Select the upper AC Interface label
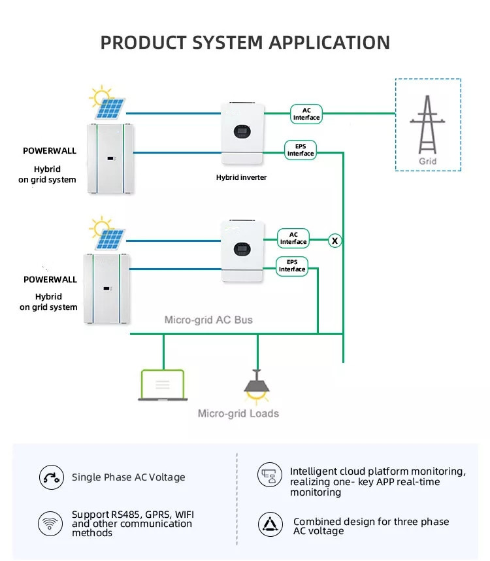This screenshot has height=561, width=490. coord(306,114)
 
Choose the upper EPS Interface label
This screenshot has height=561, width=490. coord(301,150)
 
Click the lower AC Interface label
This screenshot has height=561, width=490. coord(293,238)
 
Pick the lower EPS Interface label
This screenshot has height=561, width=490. coord(292,265)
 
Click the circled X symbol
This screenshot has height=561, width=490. coord(335,241)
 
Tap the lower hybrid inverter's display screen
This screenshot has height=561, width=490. coord(242,248)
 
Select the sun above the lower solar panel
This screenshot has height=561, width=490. coord(101,228)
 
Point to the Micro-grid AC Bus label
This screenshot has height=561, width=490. coord(208,320)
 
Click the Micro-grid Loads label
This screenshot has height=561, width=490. coord(238,413)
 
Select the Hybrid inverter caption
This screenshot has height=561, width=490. coord(242,177)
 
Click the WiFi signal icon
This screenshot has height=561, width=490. coord(49,524)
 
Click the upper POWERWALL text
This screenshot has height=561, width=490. coord(50,151)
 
